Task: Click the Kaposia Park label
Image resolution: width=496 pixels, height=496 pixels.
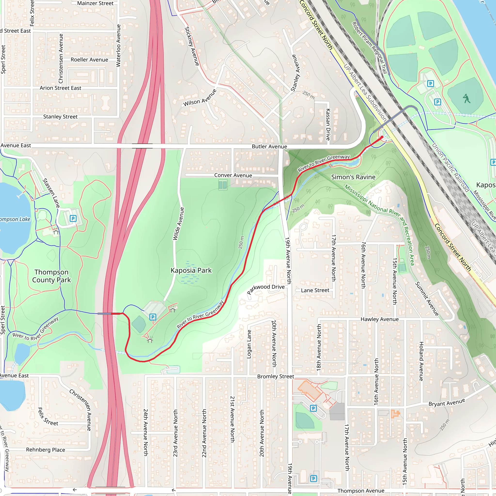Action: coord(191,270)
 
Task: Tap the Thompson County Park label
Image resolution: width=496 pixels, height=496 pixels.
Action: coord(51,276)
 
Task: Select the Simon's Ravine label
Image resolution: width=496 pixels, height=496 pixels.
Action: coord(353,177)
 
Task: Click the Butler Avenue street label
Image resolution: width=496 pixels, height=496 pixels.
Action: coord(269,147)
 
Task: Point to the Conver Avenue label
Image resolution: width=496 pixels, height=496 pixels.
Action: coord(233,175)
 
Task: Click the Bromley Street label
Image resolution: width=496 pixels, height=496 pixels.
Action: coord(275,376)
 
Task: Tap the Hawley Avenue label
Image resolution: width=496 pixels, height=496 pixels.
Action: coord(380,319)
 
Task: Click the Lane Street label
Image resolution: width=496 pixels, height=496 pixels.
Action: coord(315,290)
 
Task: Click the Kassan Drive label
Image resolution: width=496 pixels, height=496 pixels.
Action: coord(328,124)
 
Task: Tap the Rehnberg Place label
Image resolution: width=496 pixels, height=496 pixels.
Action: coord(46,450)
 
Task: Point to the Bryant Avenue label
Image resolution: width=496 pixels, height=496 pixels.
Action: coord(447,402)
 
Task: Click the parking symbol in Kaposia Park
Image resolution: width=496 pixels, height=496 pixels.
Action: coord(153,317)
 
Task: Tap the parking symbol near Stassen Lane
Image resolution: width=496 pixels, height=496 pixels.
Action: coord(73,218)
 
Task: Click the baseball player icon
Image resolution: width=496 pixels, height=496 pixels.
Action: coord(466,99)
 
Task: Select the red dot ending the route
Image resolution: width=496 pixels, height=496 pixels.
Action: coord(382,137)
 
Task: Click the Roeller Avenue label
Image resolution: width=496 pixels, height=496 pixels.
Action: coord(89,60)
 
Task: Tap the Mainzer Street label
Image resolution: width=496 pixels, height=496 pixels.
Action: coord(95,3)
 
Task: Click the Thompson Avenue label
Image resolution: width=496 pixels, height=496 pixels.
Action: coord(361,491)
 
